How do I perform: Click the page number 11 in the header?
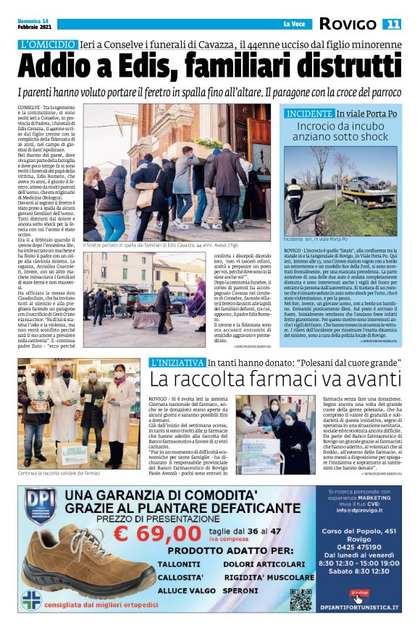click(x=393, y=25)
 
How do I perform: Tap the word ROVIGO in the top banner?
click(x=351, y=25)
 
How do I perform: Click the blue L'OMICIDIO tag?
click(x=48, y=44)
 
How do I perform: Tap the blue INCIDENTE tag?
click(x=309, y=114)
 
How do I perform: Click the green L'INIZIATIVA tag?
click(x=175, y=362)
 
